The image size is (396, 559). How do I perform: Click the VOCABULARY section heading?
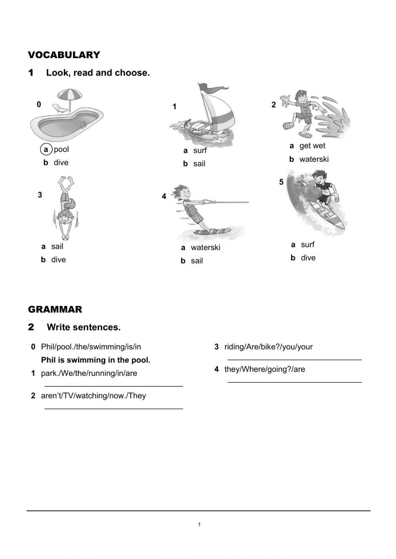[64, 55]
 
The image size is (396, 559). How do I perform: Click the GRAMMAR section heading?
[55, 309]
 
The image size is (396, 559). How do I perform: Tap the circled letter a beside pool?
[46, 149]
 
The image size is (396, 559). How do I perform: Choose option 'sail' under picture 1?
[199, 164]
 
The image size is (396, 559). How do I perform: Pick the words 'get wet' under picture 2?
[312, 146]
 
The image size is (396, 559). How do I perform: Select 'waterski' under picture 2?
[314, 159]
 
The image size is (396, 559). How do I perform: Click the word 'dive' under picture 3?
[58, 260]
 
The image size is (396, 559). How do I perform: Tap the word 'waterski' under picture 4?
[205, 248]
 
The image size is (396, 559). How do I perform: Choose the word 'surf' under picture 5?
[307, 244]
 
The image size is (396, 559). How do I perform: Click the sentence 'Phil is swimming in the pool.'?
[95, 360]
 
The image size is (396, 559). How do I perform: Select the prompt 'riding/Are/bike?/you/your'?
[268, 347]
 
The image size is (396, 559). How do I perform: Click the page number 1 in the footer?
[199, 525]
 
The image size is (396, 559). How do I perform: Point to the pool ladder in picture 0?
[82, 126]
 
